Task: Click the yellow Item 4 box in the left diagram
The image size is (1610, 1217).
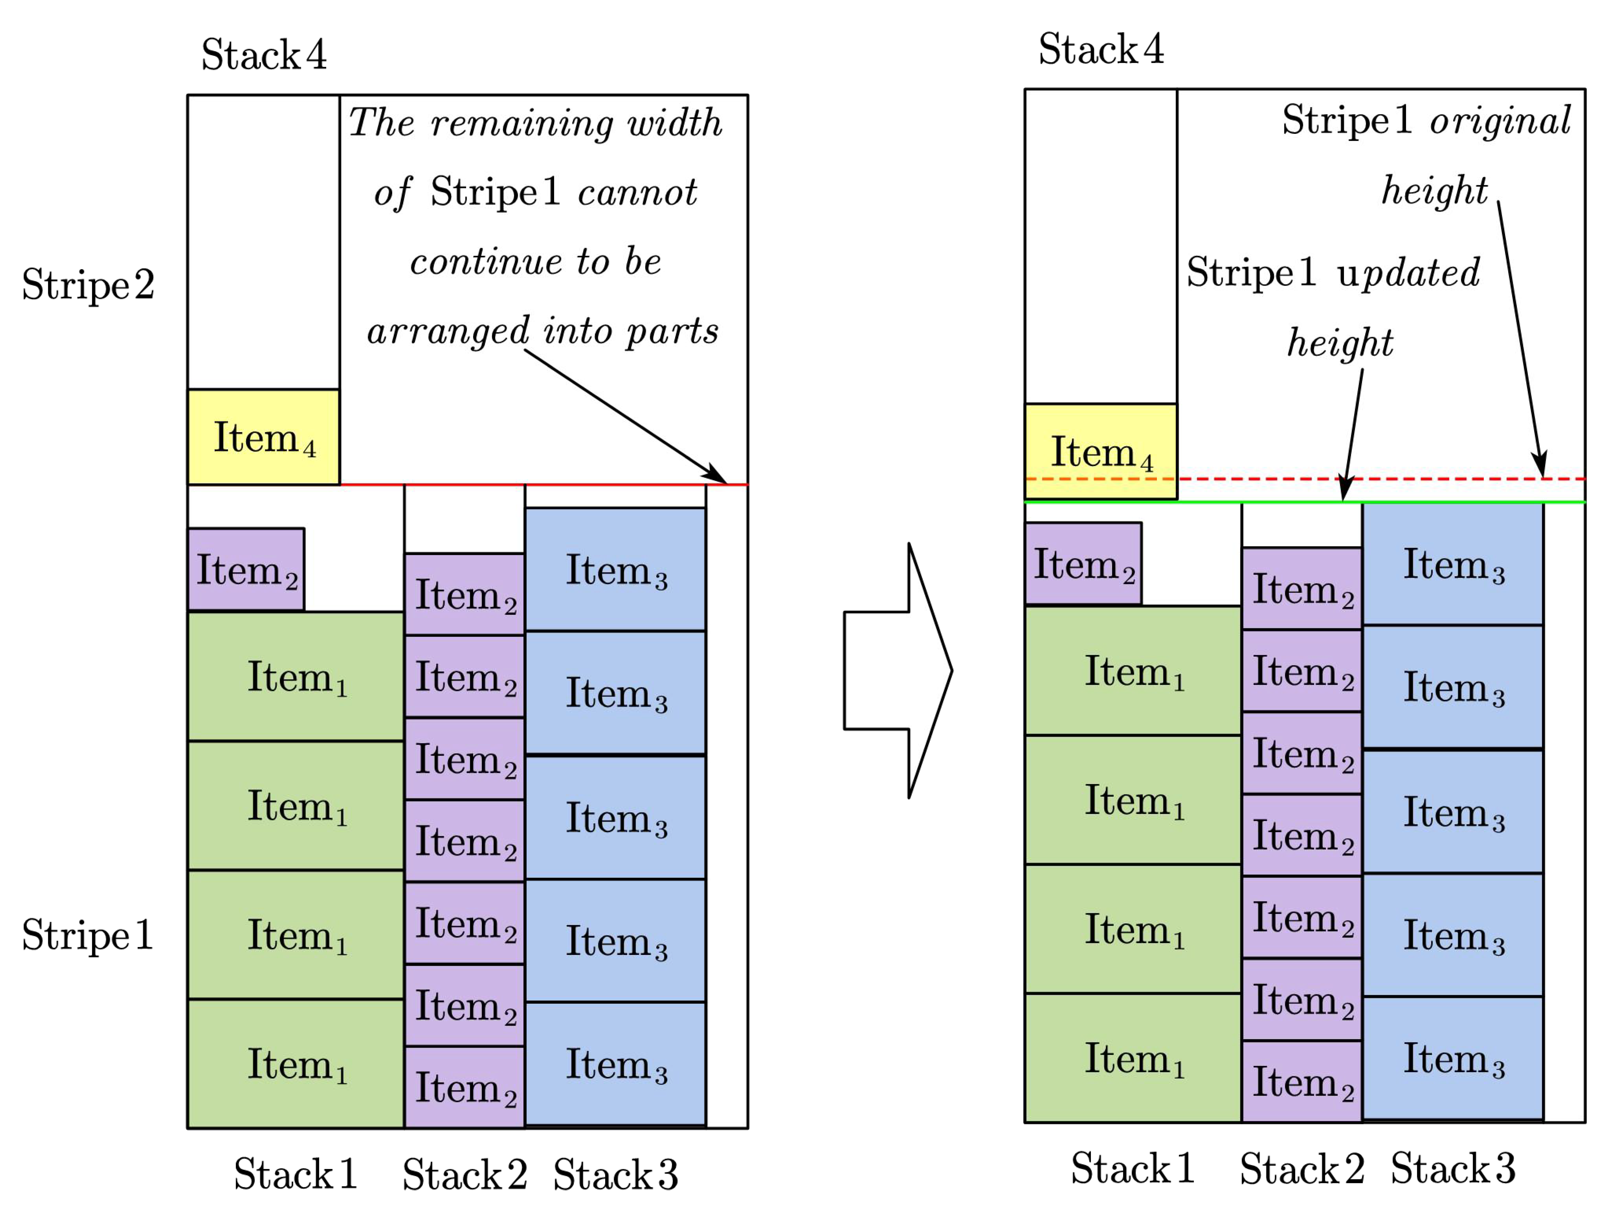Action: pyautogui.click(x=263, y=437)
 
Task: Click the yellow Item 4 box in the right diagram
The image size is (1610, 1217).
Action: pyautogui.click(x=1100, y=451)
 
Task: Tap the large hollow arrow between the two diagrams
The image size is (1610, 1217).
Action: pyautogui.click(x=897, y=670)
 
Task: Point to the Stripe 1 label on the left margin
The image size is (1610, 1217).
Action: pyautogui.click(x=88, y=935)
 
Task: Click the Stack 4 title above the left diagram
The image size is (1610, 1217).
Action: pyautogui.click(x=263, y=55)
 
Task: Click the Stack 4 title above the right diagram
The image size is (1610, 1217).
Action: pyautogui.click(x=1100, y=49)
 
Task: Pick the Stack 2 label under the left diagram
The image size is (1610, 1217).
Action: pyautogui.click(x=464, y=1174)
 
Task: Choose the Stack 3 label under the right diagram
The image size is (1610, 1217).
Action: pyautogui.click(x=1453, y=1168)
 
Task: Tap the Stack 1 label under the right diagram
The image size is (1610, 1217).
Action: pyautogui.click(x=1133, y=1168)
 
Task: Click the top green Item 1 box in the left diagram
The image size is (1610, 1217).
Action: pyautogui.click(x=295, y=676)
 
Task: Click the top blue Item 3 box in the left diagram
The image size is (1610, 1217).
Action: pyautogui.click(x=615, y=569)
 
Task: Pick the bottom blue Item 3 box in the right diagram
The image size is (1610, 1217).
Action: pyautogui.click(x=1453, y=1058)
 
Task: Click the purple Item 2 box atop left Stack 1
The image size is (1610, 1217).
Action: pyautogui.click(x=246, y=569)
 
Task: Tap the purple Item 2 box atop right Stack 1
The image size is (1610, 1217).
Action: pyautogui.click(x=1083, y=563)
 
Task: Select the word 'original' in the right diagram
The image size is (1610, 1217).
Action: pyautogui.click(x=1500, y=121)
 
